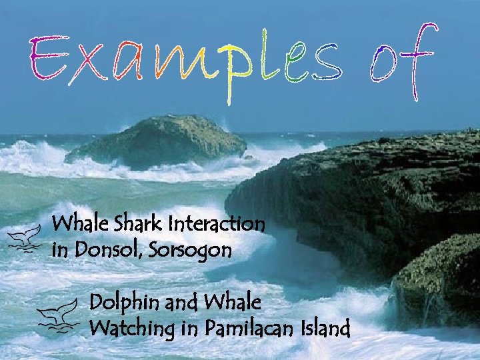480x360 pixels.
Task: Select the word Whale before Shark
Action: click(75, 223)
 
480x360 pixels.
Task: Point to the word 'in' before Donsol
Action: click(61, 251)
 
